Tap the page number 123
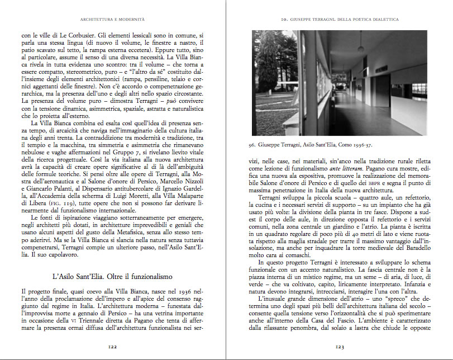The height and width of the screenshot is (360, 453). point(339,347)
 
